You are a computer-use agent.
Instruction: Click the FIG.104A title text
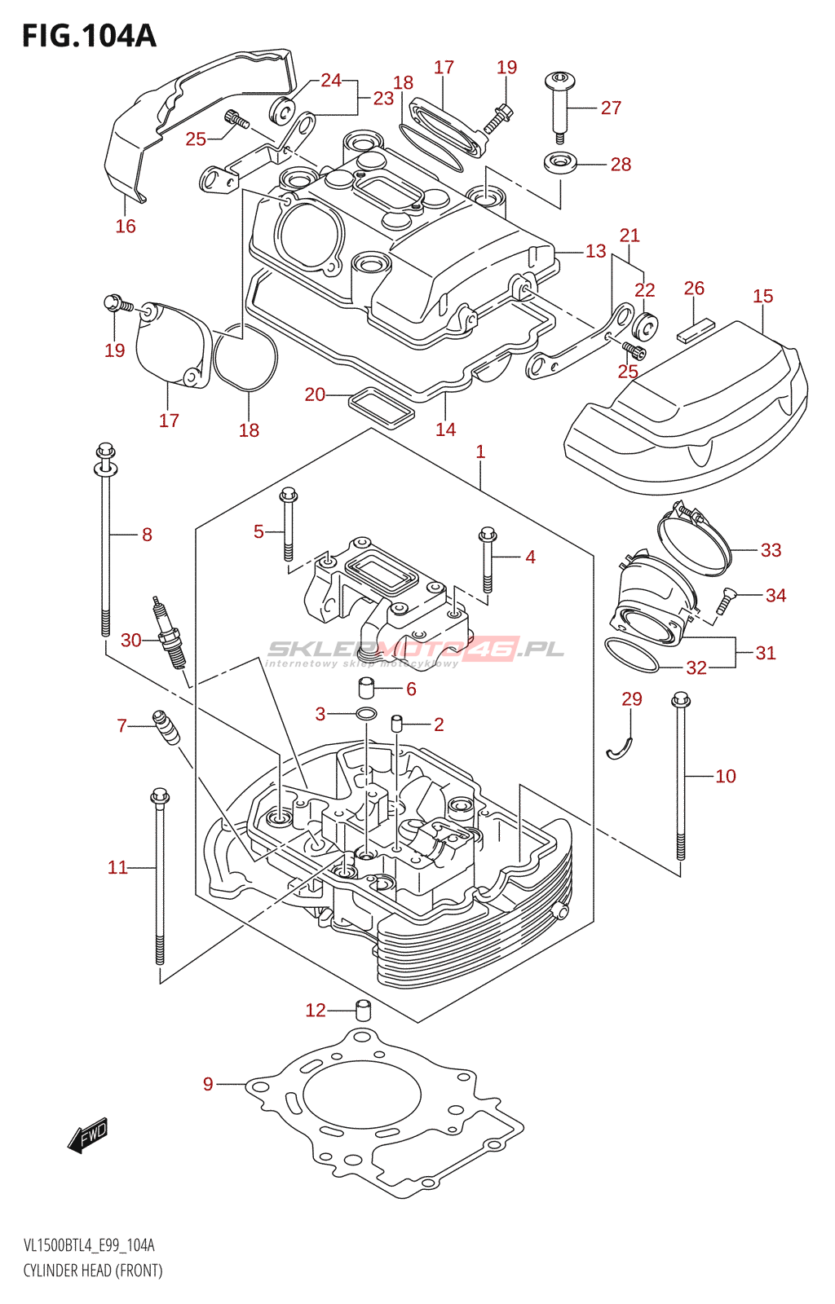tap(88, 36)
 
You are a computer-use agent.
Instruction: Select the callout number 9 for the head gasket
tap(208, 1084)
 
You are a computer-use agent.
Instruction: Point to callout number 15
tap(762, 297)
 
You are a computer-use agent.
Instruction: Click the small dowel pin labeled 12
tap(364, 1011)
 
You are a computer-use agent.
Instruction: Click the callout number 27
tap(611, 108)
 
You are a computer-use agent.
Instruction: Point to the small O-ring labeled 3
tap(366, 715)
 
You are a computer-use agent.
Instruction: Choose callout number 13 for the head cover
tap(595, 251)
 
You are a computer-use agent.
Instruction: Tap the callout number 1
tap(480, 451)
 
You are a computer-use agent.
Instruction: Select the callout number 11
tap(117, 867)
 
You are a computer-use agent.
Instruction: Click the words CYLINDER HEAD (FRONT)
tap(93, 1271)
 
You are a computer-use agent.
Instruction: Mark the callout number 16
tap(125, 226)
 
